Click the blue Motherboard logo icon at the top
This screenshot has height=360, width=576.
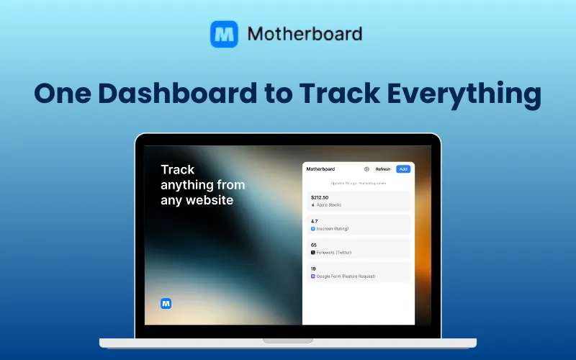click(x=224, y=34)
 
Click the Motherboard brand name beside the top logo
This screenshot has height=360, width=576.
click(x=305, y=34)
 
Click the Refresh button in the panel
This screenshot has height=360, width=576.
click(x=383, y=169)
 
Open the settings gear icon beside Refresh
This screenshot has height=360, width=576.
click(x=366, y=169)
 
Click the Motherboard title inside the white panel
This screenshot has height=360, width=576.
click(x=321, y=169)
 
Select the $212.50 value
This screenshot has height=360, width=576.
click(x=320, y=197)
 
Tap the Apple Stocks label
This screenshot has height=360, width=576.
click(x=329, y=205)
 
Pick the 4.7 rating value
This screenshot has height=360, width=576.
click(x=315, y=221)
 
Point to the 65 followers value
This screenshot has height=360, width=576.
click(x=314, y=245)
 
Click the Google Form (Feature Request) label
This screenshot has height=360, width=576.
click(x=346, y=276)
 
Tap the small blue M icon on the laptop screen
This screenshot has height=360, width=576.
click(x=166, y=303)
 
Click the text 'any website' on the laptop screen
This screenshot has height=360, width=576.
click(x=197, y=200)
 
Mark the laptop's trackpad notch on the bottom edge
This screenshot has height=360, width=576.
click(x=287, y=340)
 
